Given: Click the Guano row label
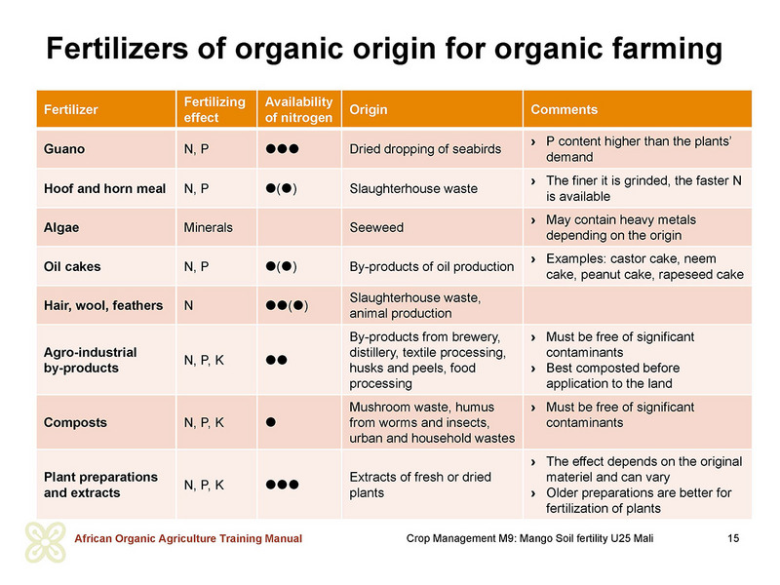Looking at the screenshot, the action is pos(64,149).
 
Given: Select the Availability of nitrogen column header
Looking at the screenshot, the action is pos(298,109).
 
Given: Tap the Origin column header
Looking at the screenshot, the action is pos(369,109).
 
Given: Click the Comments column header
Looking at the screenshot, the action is pos(565,109).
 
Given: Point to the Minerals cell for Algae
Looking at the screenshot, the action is pos(208,227).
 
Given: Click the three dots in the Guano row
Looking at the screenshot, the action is pos(282,149).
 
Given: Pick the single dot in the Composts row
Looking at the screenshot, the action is pos(271,422).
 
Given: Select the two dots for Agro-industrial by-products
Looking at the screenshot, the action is pos(277,360).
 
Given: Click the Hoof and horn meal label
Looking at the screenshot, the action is pos(104,188).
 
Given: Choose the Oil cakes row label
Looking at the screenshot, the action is pos(72,266).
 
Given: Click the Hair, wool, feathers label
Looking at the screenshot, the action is pos(103,305).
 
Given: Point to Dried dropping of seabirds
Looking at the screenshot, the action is pos(425,149).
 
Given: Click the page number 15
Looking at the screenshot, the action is pos(733,538).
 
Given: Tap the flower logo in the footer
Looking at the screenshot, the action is pos(45,542).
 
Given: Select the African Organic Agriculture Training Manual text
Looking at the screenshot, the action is pos(188,538).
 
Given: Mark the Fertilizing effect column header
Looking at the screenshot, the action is pos(214,109).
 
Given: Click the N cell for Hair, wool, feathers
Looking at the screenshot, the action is pos(188,305).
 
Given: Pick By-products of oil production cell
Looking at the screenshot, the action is pos(431,266).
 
